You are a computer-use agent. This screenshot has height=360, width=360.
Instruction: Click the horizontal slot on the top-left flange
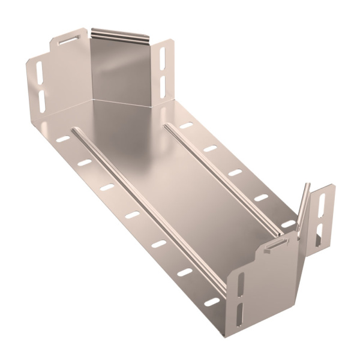coord(68,40)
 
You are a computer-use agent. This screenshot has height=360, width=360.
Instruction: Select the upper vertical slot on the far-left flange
coord(40,73)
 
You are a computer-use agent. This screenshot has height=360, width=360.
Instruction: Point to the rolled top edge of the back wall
coord(119,35)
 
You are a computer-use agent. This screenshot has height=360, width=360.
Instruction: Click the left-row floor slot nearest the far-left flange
coord(63,139)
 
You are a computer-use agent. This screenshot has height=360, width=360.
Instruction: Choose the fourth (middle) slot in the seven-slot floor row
coord(132,214)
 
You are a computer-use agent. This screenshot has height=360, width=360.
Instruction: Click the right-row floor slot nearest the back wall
coord(187,126)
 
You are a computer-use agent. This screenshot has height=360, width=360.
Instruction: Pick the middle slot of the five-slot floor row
coord(235,173)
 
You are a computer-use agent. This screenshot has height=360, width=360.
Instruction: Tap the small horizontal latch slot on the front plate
coord(277,243)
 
